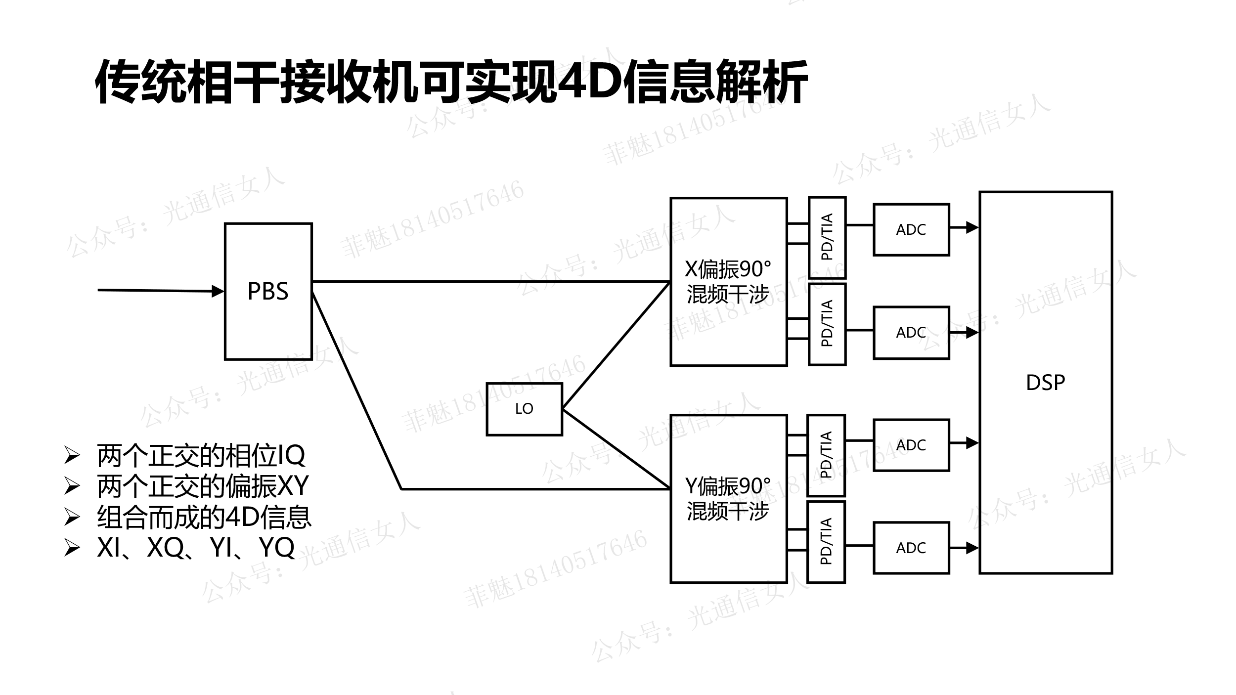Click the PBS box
click(268, 291)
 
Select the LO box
click(524, 409)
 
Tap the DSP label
click(1045, 383)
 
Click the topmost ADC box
click(911, 229)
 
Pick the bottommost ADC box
click(911, 548)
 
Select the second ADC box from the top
click(911, 332)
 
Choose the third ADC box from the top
click(911, 445)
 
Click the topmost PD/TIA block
click(827, 237)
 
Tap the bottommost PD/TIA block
click(826, 542)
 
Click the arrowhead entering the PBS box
click(218, 291)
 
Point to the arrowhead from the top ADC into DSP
click(972, 227)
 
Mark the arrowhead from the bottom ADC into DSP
click(972, 548)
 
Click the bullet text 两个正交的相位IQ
click(201, 455)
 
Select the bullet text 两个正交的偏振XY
click(203, 486)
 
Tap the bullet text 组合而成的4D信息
click(204, 517)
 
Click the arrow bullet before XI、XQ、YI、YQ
click(72, 548)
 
